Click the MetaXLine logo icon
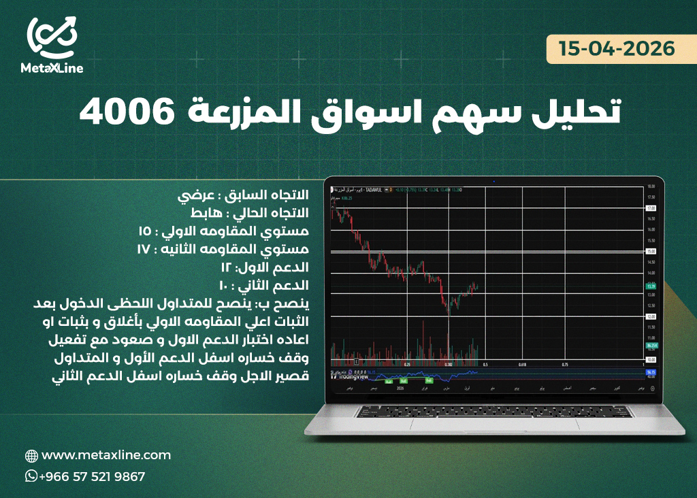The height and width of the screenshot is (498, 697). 51,37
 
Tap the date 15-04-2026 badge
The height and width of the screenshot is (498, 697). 617,50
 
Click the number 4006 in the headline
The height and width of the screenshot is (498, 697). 118,112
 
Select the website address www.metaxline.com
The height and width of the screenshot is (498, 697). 106,455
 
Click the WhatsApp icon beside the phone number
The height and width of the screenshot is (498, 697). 31,476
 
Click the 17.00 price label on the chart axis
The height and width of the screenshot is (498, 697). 651,207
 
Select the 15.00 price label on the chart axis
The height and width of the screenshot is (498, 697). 651,251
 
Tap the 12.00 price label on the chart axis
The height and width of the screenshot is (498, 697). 651,316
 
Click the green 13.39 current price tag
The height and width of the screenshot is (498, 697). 651,287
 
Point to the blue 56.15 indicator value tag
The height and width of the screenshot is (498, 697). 651,372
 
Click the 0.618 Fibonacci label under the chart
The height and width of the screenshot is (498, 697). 523,365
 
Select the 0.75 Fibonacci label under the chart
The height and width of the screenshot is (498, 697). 564,365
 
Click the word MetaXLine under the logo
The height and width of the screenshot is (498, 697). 51,68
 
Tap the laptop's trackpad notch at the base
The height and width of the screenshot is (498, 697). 493,416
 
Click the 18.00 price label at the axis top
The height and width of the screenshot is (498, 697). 651,186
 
